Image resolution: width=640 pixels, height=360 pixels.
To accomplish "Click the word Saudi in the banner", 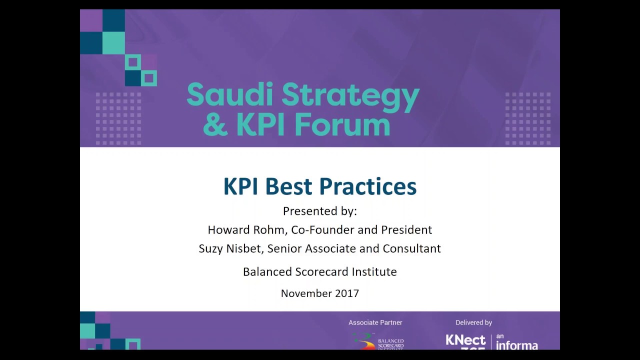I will (x=230, y=95).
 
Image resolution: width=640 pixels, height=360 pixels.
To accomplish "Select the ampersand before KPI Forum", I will (x=215, y=124).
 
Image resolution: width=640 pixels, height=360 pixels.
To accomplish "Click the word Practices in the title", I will (x=367, y=186).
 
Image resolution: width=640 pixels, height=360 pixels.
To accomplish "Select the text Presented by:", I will (x=320, y=211).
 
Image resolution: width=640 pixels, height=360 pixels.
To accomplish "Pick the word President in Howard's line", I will (x=406, y=230).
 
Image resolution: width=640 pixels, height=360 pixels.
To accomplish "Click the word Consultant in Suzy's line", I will (x=411, y=248).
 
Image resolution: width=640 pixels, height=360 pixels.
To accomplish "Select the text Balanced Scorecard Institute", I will (x=320, y=272).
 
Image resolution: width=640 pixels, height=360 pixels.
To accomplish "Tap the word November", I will (x=304, y=293).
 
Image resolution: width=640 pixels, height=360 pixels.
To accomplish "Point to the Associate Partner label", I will (x=375, y=322).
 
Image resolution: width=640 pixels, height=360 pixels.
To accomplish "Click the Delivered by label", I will (x=473, y=322).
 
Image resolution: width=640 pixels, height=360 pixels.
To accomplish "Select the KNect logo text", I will (x=465, y=341).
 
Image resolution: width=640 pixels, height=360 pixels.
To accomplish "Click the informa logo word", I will (x=517, y=345).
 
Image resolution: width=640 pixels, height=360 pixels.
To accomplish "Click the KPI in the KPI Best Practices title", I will (x=241, y=186).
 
